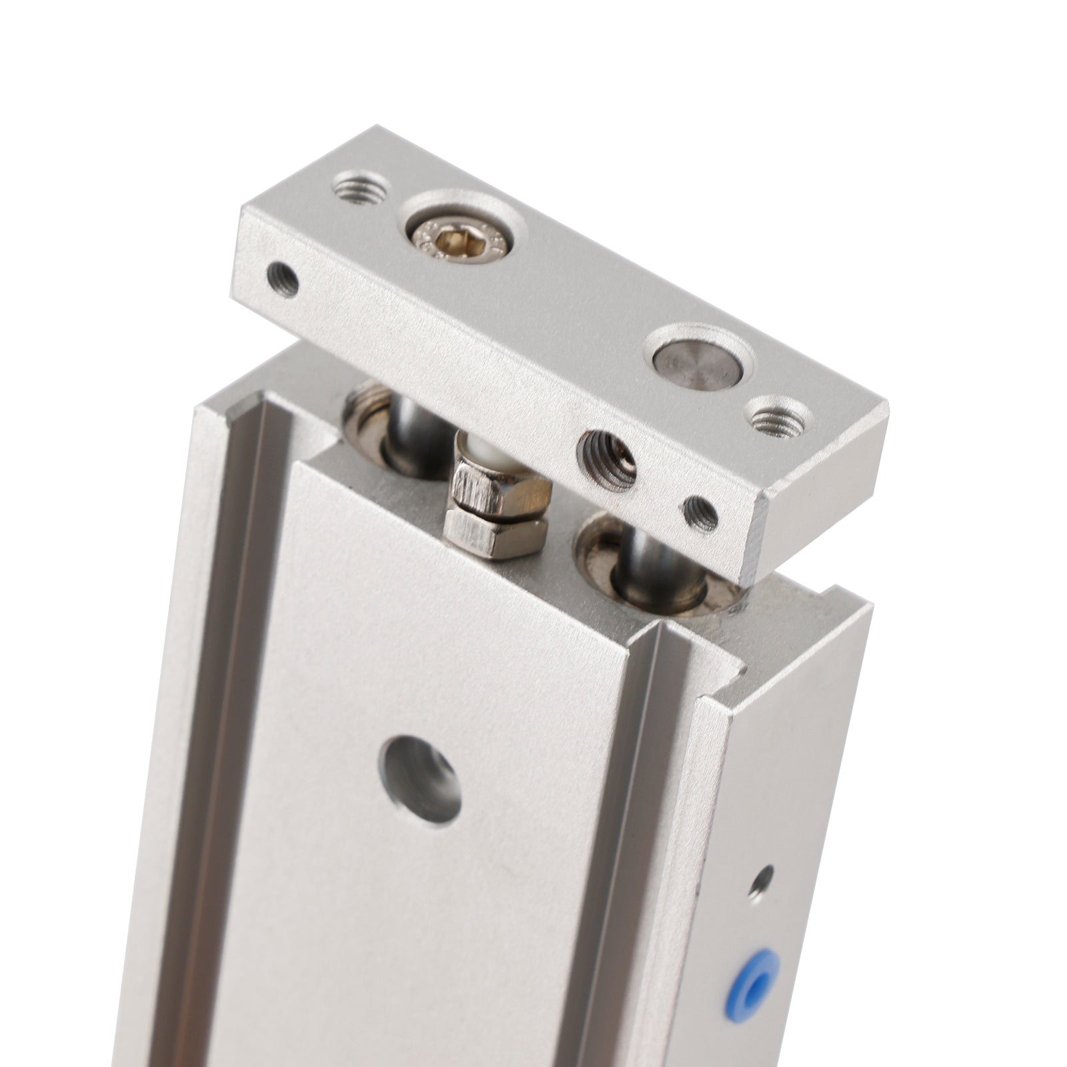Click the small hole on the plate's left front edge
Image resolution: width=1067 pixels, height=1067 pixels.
pyautogui.click(x=283, y=280)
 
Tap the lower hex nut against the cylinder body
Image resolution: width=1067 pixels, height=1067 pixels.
pyautogui.click(x=495, y=533)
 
